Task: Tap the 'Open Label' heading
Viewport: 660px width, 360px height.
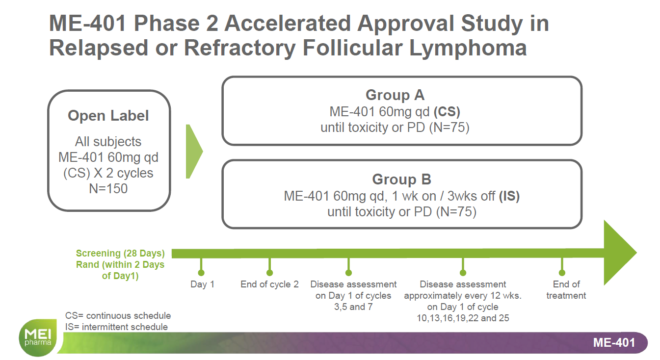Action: tap(108, 115)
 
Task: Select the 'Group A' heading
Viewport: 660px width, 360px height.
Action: tap(395, 95)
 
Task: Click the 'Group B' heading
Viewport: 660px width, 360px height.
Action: tap(401, 179)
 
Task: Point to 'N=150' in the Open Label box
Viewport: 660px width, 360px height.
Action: tap(108, 188)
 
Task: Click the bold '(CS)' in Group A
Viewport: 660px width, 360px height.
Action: tap(447, 112)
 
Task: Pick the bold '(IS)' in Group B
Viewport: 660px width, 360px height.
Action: tap(509, 196)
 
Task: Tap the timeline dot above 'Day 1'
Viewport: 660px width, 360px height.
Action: tap(201, 273)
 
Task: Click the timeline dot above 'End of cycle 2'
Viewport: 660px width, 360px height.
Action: tap(269, 273)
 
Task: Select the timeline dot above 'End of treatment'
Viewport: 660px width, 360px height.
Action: tap(562, 273)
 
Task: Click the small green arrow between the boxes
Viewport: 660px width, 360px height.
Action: tap(194, 152)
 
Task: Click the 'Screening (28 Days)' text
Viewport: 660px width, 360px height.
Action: tap(120, 254)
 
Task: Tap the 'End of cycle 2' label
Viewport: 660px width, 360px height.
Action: tap(269, 284)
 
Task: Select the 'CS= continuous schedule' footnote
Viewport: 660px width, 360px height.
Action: tap(118, 316)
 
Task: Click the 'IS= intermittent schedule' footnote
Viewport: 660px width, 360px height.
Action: tap(116, 327)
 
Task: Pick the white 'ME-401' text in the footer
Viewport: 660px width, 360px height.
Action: tap(614, 343)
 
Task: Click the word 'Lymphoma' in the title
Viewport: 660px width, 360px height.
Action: tap(468, 48)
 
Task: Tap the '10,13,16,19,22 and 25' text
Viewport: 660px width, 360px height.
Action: tap(463, 318)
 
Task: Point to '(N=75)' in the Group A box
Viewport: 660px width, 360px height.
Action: tap(449, 128)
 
